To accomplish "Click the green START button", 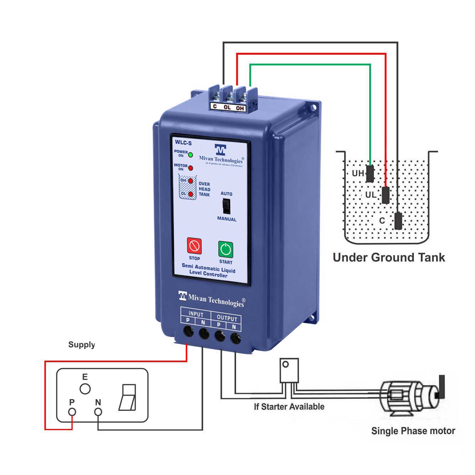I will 225,249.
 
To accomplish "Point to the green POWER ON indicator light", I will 190,155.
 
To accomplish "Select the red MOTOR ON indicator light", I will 190,168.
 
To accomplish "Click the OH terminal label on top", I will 240,108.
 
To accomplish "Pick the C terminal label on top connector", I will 214,106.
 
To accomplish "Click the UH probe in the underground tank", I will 370,173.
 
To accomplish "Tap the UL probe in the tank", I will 386,195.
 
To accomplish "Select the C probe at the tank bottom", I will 398,221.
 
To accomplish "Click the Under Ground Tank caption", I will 388,257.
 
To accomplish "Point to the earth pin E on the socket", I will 85,389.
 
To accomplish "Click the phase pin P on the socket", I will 72,412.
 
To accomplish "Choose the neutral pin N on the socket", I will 98,412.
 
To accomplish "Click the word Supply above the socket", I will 82,345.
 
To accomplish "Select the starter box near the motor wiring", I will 289,370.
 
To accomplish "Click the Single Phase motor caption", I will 413,431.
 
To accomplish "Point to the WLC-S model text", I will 183,143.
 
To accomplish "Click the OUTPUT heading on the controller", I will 226,318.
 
